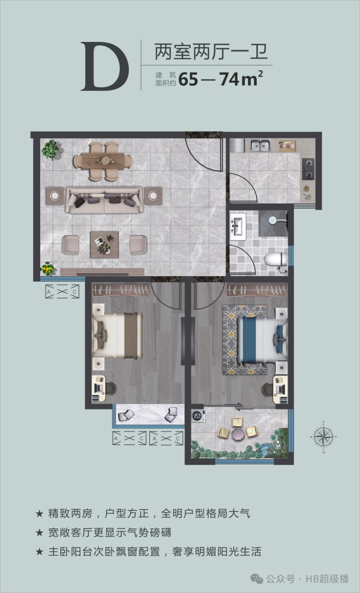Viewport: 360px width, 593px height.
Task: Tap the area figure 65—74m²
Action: click(x=220, y=79)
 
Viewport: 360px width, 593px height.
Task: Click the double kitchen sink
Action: click(x=260, y=145)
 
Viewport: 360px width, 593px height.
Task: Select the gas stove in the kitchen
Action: click(x=308, y=169)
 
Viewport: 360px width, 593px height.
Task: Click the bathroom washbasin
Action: click(x=238, y=226)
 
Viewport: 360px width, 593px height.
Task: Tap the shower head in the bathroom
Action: click(x=273, y=220)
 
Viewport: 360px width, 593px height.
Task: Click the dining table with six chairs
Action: click(x=103, y=161)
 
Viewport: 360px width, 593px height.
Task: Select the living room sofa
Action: click(x=104, y=200)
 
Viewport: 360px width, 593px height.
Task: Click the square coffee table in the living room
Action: click(x=104, y=245)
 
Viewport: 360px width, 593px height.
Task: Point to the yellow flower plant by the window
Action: click(x=47, y=269)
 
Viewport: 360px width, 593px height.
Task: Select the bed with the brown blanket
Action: click(x=117, y=335)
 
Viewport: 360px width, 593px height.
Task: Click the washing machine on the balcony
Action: click(x=198, y=416)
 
